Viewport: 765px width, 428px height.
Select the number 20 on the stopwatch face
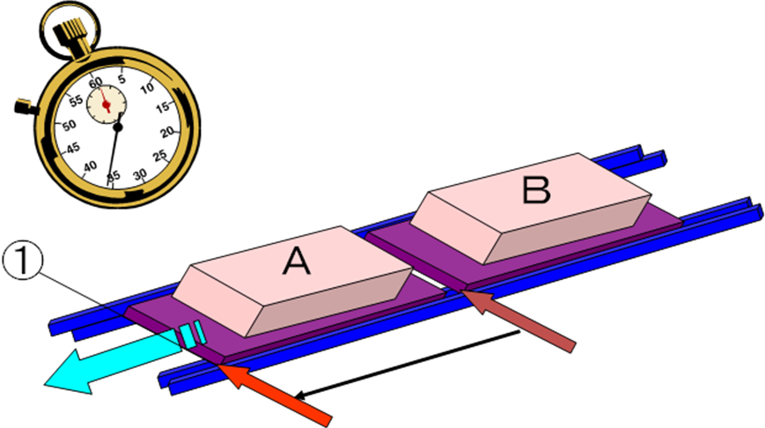(x=166, y=132)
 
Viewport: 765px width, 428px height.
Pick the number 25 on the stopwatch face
(x=159, y=157)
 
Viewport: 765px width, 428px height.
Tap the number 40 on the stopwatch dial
(x=89, y=166)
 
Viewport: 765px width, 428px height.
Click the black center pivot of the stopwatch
(x=118, y=127)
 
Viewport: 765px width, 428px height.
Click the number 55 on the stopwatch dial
(x=77, y=101)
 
